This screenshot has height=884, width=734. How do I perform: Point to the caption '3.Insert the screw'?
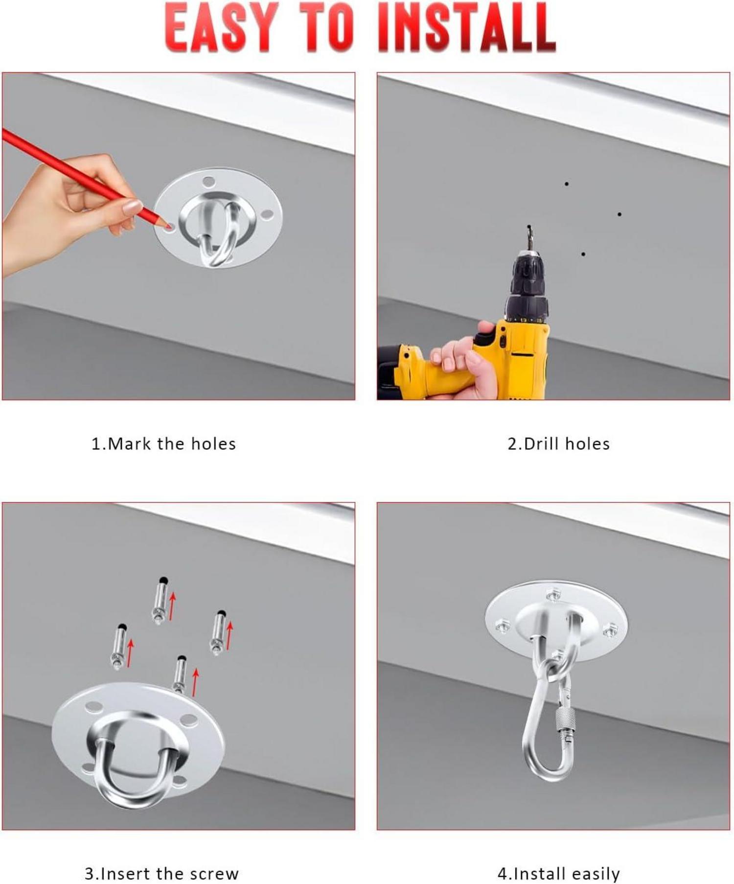pos(161,873)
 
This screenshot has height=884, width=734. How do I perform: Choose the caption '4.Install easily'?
pos(558,873)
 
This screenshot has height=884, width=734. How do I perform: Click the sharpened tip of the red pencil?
pos(170,226)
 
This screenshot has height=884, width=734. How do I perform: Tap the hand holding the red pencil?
pos(69,210)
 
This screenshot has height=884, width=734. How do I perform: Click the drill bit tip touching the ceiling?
pos(529,227)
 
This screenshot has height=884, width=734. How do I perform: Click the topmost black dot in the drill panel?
pos(566,184)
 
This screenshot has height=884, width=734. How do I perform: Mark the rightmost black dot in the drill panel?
pos(619,214)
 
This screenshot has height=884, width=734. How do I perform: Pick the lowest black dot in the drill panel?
pos(583,255)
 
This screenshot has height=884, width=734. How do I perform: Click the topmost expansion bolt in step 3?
pos(160,601)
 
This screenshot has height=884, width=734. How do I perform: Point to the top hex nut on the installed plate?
pos(553,595)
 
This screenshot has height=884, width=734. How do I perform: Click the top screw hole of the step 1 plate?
pos(208,182)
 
